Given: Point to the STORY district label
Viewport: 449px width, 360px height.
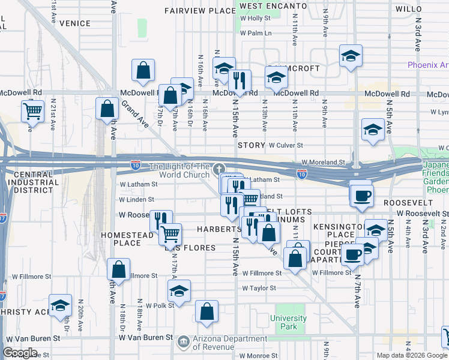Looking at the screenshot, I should pos(251,145).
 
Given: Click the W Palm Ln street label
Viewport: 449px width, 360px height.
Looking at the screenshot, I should pos(256,33).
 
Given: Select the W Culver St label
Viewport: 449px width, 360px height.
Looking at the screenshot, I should pos(286,145).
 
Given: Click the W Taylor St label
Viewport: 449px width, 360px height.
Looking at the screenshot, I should pos(259,288).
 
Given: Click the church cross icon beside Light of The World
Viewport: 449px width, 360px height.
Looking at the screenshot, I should pos(220,170).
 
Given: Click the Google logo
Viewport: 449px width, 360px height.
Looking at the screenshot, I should pos(20,353).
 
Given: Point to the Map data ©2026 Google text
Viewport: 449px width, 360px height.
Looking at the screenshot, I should pos(412,355).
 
